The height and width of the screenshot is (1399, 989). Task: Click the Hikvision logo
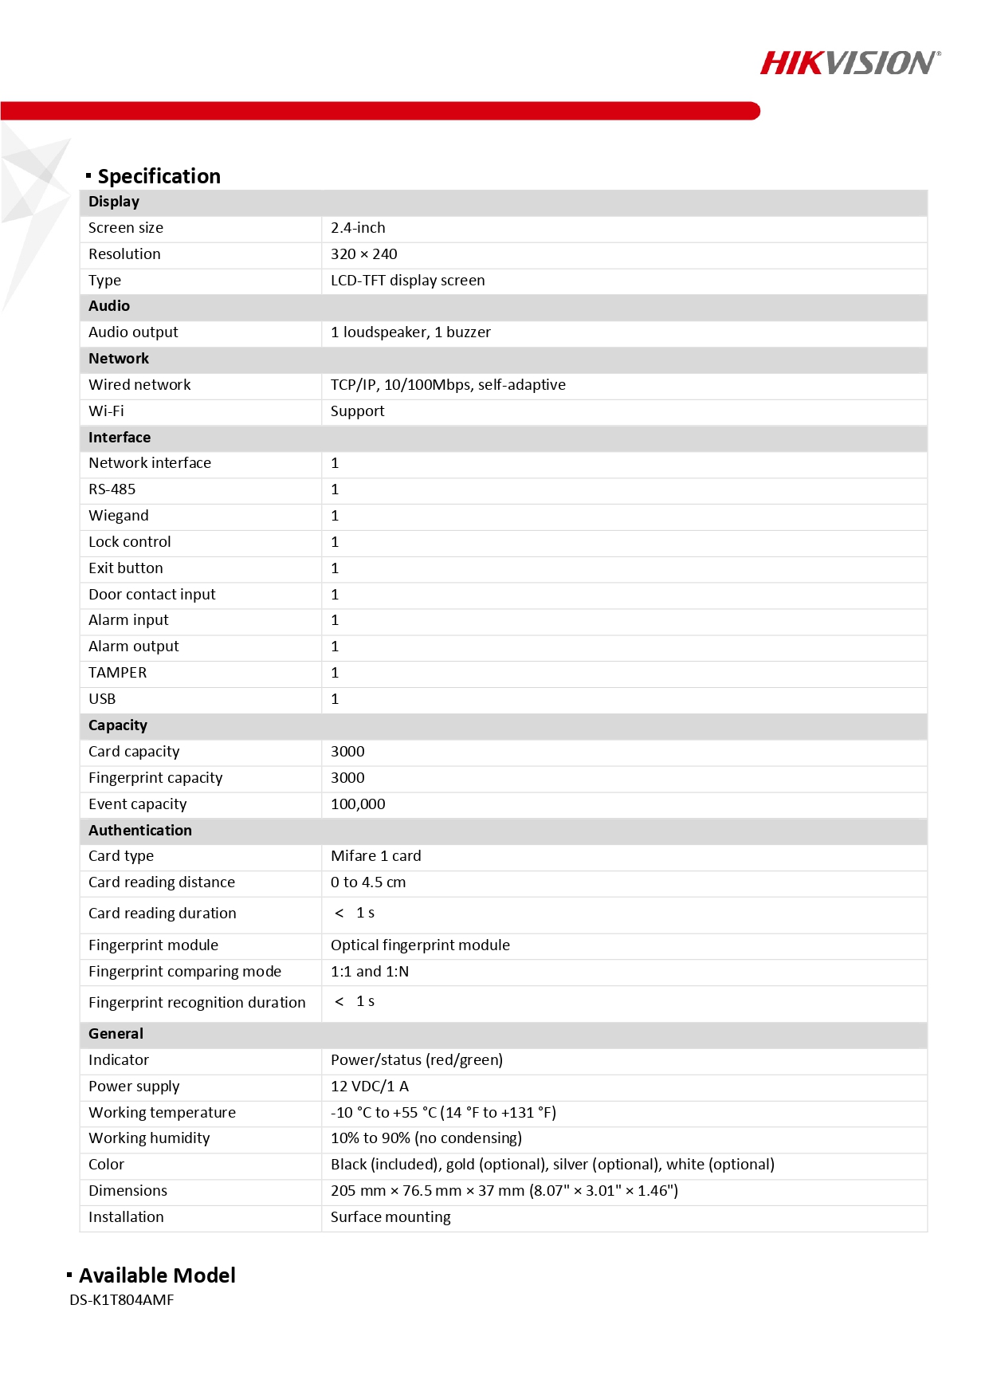click(850, 63)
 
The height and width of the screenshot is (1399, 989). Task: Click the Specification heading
click(159, 176)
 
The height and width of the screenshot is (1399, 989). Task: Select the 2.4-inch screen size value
click(358, 228)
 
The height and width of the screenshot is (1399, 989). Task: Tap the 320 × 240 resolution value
click(363, 254)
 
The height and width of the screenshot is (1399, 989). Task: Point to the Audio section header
click(109, 306)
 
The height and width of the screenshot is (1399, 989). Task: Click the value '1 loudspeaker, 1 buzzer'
click(410, 332)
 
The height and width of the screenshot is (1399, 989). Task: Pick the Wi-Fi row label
click(106, 411)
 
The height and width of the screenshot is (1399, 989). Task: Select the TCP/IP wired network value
click(448, 385)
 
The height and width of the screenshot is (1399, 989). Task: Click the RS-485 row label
click(112, 489)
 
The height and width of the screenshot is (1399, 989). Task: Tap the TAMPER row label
click(117, 673)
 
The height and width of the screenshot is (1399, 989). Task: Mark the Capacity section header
click(118, 725)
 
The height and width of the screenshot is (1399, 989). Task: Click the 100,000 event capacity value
click(358, 804)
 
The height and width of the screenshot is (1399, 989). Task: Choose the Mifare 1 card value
click(375, 856)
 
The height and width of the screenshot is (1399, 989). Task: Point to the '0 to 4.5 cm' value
click(368, 882)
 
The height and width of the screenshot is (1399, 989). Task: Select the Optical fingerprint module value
click(420, 945)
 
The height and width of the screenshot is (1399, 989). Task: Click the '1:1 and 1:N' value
click(370, 972)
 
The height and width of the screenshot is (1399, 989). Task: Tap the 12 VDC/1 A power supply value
click(370, 1087)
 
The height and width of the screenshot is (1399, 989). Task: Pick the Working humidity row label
click(149, 1138)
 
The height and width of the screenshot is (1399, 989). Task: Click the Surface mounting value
click(390, 1217)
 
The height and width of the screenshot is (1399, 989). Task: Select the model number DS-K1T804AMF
click(121, 1300)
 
